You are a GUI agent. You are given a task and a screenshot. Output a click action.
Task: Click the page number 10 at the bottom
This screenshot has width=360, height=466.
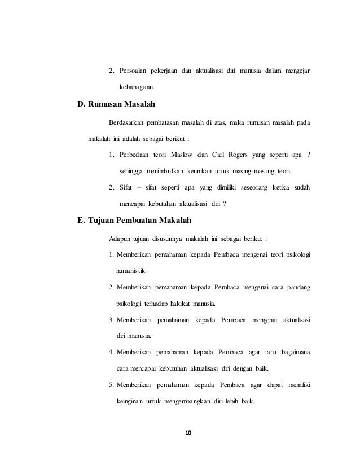189,433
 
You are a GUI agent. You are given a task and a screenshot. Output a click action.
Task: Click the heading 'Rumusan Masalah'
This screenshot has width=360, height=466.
121,104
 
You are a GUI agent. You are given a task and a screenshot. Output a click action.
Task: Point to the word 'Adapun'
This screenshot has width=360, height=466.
120,238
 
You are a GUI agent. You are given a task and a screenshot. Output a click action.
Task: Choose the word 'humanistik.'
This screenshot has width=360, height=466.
130,271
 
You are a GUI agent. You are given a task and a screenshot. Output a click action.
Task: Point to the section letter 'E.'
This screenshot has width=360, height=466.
81,221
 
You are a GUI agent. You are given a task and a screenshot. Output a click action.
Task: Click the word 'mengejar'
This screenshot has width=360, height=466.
296,71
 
